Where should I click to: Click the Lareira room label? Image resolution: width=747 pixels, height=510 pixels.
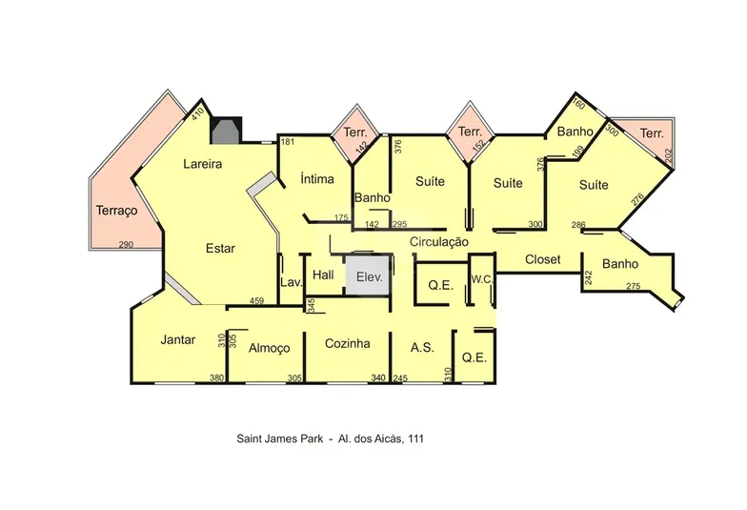pos(202,164)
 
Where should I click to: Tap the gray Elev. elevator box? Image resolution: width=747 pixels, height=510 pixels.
pos(369,276)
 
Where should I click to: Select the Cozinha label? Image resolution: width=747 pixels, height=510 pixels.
pos(347,343)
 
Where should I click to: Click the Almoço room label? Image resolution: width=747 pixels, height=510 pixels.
pos(269,349)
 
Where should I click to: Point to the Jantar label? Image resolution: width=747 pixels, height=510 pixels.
pos(177,339)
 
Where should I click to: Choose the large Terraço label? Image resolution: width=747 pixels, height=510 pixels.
pos(116,211)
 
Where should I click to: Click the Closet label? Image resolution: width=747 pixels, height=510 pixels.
pos(543,259)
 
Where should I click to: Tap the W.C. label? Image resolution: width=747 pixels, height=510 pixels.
pos(482,280)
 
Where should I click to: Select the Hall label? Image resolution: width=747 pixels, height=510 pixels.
pos(323,275)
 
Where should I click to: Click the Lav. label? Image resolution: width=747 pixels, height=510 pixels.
pos(292,282)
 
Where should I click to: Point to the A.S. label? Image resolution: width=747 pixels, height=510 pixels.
pos(422,347)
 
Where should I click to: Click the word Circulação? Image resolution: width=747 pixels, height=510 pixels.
pos(438,242)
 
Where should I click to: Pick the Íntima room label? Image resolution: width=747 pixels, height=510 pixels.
pos(317,179)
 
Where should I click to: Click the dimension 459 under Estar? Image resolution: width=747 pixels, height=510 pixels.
pos(256,301)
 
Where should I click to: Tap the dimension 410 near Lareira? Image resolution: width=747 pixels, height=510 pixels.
pos(198,114)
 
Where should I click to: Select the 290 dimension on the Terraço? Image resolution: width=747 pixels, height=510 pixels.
pos(126,244)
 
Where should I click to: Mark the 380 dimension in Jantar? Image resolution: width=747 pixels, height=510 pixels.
pos(217,377)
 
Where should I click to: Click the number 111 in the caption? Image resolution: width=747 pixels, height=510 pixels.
pos(415,439)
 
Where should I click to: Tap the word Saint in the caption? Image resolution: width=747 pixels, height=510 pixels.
pos(249,439)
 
